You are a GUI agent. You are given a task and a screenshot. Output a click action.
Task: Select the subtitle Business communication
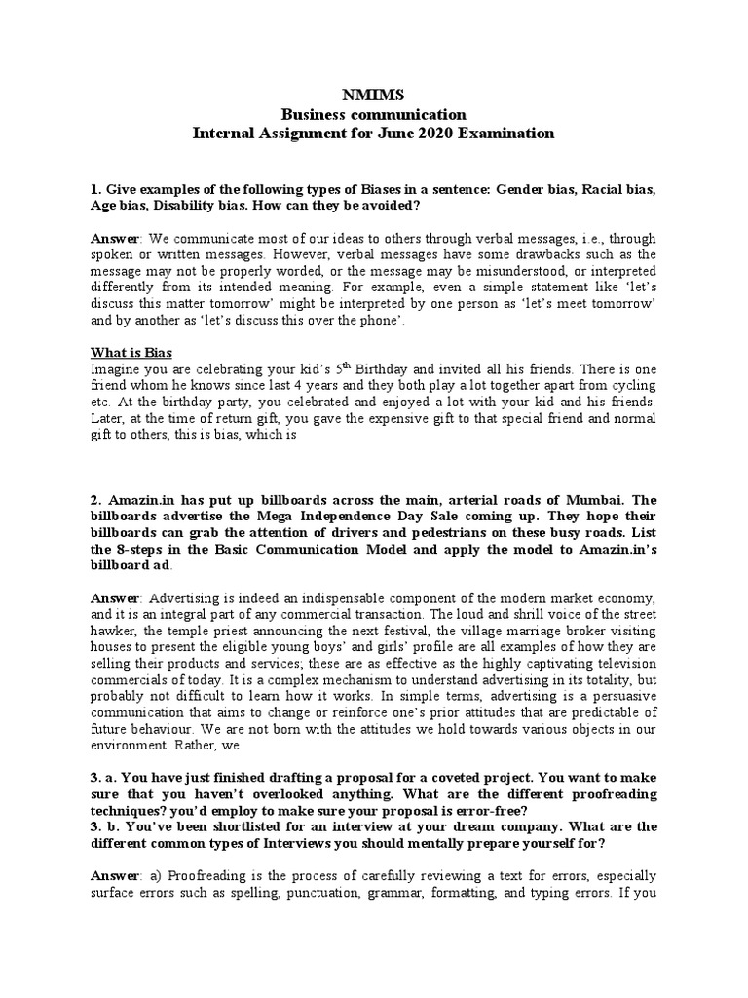(373, 115)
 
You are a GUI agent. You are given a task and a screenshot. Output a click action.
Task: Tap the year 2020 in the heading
(430, 133)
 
